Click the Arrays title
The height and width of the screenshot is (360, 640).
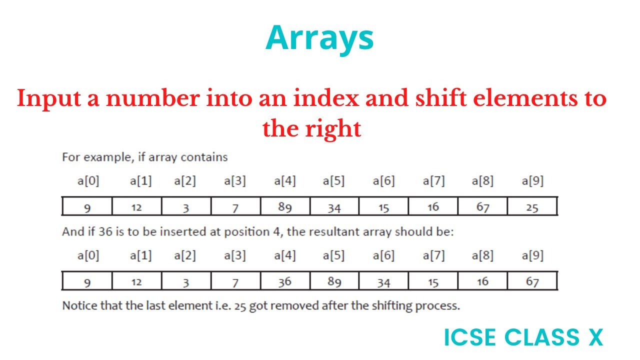319,38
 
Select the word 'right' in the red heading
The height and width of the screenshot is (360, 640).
333,129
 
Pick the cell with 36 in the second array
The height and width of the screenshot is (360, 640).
284,281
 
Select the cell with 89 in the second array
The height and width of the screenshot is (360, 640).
334,281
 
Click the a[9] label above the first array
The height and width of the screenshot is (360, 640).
532,181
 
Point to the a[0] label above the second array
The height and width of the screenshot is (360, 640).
88,255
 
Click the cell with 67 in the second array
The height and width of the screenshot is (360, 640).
532,281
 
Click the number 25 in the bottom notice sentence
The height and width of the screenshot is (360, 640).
241,305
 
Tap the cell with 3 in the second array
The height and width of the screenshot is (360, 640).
185,281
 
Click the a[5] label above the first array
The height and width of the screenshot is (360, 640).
333,181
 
